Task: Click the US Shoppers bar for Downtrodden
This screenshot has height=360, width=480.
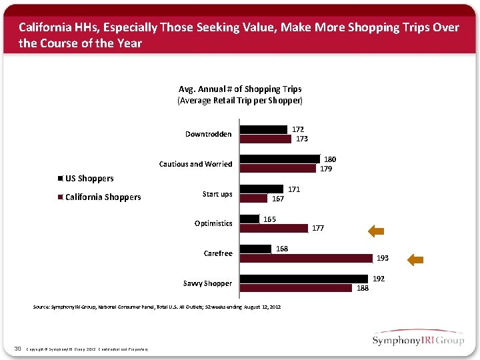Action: click(x=265, y=129)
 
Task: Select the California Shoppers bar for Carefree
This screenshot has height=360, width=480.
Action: click(x=306, y=258)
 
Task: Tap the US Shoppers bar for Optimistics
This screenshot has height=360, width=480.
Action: click(x=250, y=219)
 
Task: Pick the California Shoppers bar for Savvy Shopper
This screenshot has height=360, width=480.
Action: click(x=296, y=288)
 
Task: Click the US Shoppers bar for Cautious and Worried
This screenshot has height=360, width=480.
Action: click(x=280, y=159)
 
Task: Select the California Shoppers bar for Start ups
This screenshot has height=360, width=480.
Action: click(x=254, y=198)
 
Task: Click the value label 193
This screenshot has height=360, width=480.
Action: click(x=383, y=258)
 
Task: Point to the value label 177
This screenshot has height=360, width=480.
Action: click(x=318, y=228)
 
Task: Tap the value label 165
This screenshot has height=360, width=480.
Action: click(x=270, y=219)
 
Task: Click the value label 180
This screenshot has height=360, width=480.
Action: click(x=330, y=159)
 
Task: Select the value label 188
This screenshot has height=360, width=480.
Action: click(x=362, y=288)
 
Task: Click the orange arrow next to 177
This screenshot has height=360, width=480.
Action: click(x=377, y=231)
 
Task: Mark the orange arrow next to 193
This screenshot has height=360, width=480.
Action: click(x=415, y=260)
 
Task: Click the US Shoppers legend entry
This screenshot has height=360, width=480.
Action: click(x=89, y=178)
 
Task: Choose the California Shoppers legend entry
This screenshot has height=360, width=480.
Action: click(x=102, y=197)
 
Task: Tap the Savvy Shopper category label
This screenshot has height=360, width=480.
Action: click(x=208, y=283)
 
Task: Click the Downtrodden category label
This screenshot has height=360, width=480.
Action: click(x=209, y=134)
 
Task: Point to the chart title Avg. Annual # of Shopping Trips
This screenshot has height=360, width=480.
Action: click(x=240, y=89)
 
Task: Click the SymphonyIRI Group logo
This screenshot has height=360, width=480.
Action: click(x=418, y=339)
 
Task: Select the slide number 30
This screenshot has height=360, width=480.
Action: click(x=17, y=347)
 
